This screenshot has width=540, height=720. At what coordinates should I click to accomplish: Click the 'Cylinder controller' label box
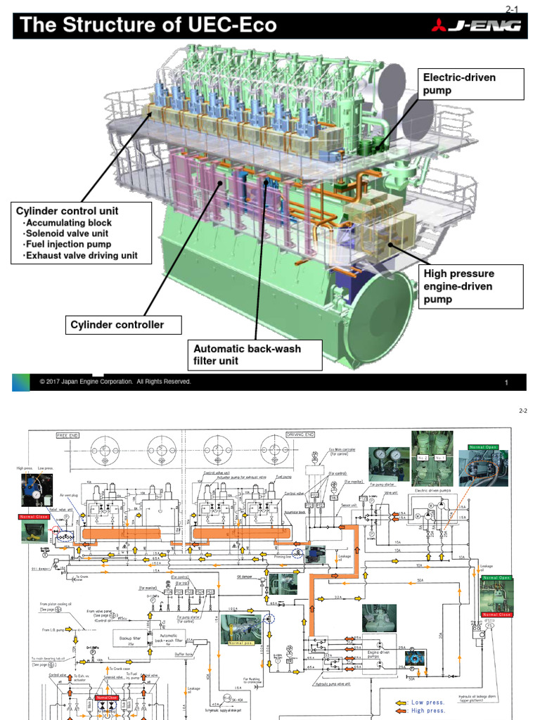click(x=117, y=325)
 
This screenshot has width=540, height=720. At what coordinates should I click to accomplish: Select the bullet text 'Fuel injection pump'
click(x=67, y=244)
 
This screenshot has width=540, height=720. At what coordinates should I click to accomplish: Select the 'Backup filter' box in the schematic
click(x=130, y=637)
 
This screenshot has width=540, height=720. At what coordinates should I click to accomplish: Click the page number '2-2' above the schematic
click(x=522, y=411)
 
